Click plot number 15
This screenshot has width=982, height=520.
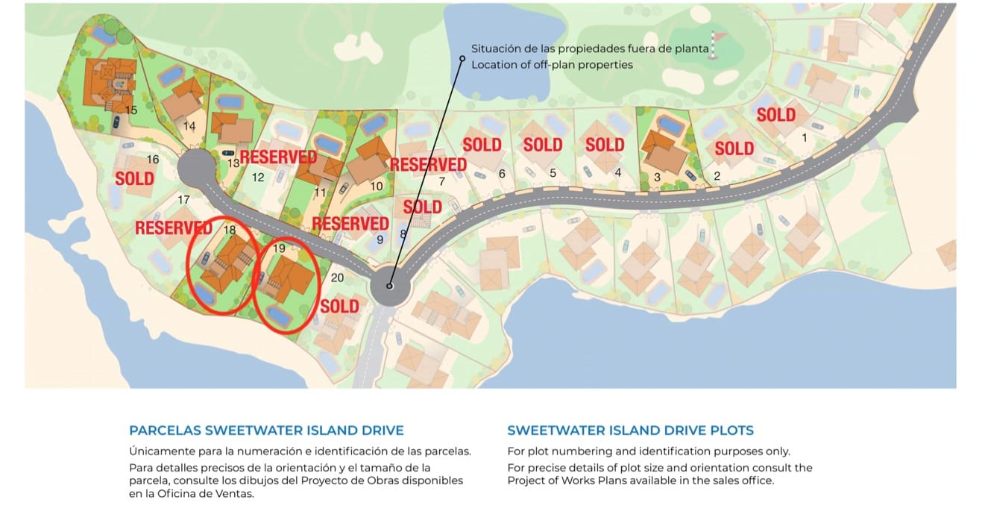point(131,110)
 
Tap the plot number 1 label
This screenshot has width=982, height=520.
point(804,138)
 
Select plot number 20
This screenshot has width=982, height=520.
point(337,278)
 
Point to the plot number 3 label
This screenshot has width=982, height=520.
point(657,177)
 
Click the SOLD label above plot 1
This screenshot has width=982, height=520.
point(776,115)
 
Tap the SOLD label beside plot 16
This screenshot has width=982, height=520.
point(135,179)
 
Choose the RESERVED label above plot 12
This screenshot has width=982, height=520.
point(278,157)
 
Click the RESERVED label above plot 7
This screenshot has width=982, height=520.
point(428,164)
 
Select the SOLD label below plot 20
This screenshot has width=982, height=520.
point(339,306)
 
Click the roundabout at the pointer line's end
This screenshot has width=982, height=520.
point(389,286)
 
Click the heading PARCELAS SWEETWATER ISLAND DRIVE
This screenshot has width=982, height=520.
point(266,430)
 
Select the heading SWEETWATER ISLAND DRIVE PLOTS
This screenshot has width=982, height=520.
point(630,430)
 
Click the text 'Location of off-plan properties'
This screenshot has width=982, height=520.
point(552,65)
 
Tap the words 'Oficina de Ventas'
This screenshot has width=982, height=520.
point(189,494)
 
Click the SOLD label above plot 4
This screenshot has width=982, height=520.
point(605,145)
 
